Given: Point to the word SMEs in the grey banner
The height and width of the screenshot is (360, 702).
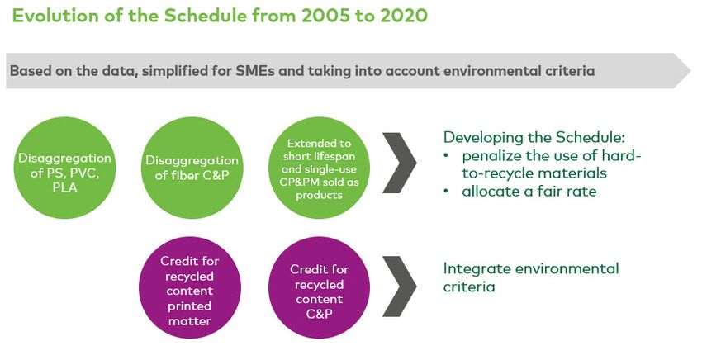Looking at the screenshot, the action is (255, 71).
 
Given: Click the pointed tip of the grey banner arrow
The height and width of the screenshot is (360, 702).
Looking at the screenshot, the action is (690, 71).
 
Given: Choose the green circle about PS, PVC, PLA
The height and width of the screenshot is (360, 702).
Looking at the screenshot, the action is (65, 168).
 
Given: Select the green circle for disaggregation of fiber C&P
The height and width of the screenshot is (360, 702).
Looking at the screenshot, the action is (192, 168).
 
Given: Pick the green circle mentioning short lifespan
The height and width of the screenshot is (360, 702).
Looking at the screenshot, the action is (319, 168).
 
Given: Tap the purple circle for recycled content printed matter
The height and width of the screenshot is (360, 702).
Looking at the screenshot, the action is (190, 288).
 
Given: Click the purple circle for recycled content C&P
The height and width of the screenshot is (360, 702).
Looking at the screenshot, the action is (319, 288).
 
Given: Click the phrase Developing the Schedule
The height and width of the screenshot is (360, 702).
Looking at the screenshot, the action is (534, 137).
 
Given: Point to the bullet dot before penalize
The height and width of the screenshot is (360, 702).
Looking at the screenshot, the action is (446, 155).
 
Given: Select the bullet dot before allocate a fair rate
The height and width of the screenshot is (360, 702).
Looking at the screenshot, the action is (446, 192).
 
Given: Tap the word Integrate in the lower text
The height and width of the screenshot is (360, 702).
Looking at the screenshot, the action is (477, 268).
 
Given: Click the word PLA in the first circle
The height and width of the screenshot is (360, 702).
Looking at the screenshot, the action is (65, 187).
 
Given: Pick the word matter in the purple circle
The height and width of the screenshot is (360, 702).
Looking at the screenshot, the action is (190, 321).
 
